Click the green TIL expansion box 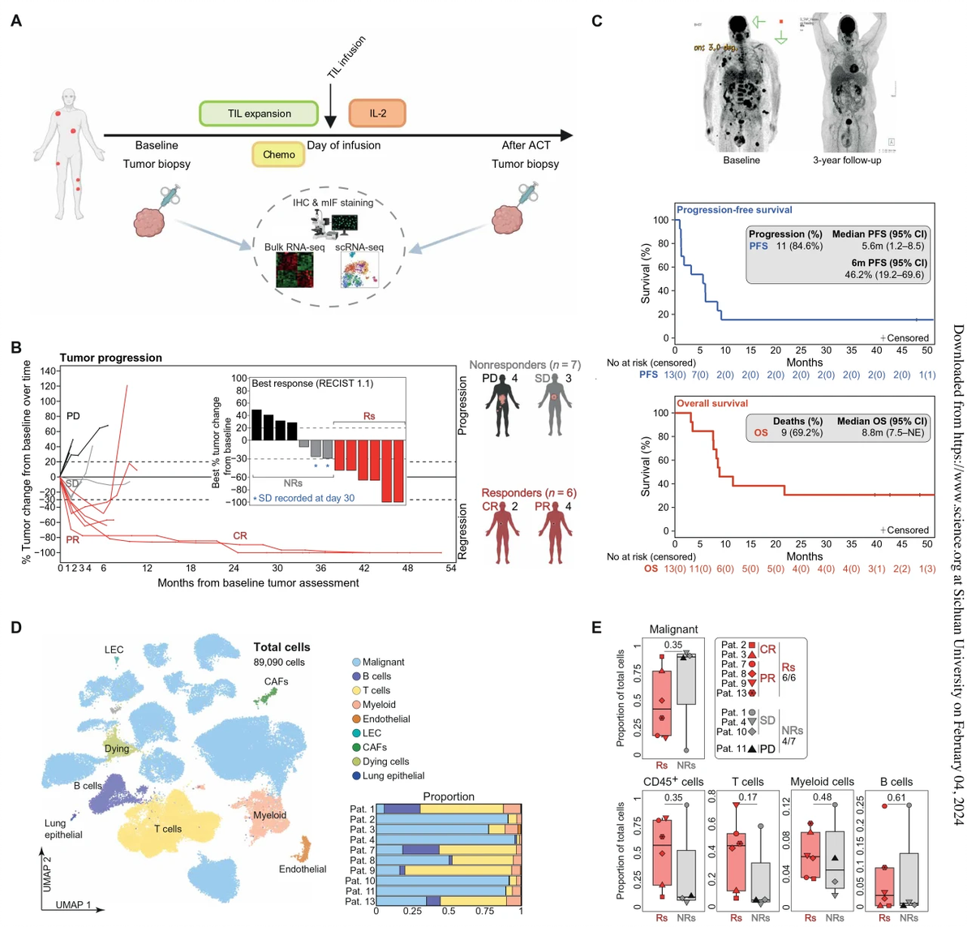pos(259,114)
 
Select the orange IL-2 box pos(377,114)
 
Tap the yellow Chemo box pos(278,154)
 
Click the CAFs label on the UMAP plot pos(276,681)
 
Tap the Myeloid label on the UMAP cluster pos(269,815)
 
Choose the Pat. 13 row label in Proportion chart pos(360,901)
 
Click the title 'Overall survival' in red pos(712,403)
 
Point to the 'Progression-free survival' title pos(734,210)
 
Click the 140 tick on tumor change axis pos(46,371)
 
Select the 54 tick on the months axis pos(451,568)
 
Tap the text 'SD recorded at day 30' pos(306,498)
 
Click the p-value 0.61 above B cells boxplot pos(896,798)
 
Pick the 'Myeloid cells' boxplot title pos(822,782)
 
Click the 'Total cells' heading pos(282,647)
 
